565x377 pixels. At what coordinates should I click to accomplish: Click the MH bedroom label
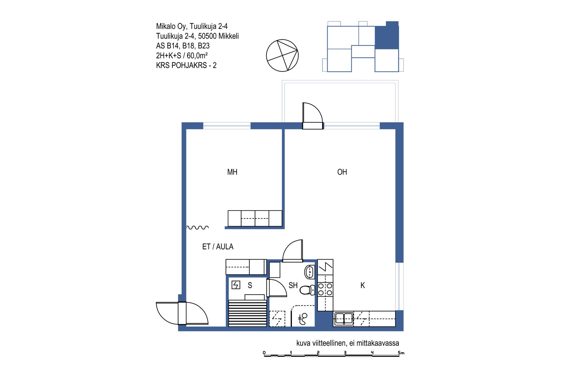pos(232,172)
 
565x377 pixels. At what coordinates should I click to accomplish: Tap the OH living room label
pos(342,172)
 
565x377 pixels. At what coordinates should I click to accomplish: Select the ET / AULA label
pos(218,247)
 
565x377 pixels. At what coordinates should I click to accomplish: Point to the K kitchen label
pos(363,285)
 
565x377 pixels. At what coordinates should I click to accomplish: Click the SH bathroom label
pos(293,285)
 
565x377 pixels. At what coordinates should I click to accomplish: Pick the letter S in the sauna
pos(250,285)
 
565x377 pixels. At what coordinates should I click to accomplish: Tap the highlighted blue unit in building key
pos(387,35)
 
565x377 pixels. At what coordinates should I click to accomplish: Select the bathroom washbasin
pos(309,272)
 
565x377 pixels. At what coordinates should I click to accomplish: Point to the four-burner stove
pos(325,289)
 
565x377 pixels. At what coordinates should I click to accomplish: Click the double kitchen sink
pos(344,318)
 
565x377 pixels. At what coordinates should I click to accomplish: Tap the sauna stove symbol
pos(236,285)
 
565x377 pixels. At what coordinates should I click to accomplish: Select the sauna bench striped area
pos(247,313)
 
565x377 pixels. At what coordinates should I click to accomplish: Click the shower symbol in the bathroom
pos(303,318)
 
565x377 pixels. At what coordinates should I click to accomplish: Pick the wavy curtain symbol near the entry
pos(198,227)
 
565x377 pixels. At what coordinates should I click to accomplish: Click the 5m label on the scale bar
pos(401,353)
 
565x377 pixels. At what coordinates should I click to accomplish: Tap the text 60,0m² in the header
pos(197,55)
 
